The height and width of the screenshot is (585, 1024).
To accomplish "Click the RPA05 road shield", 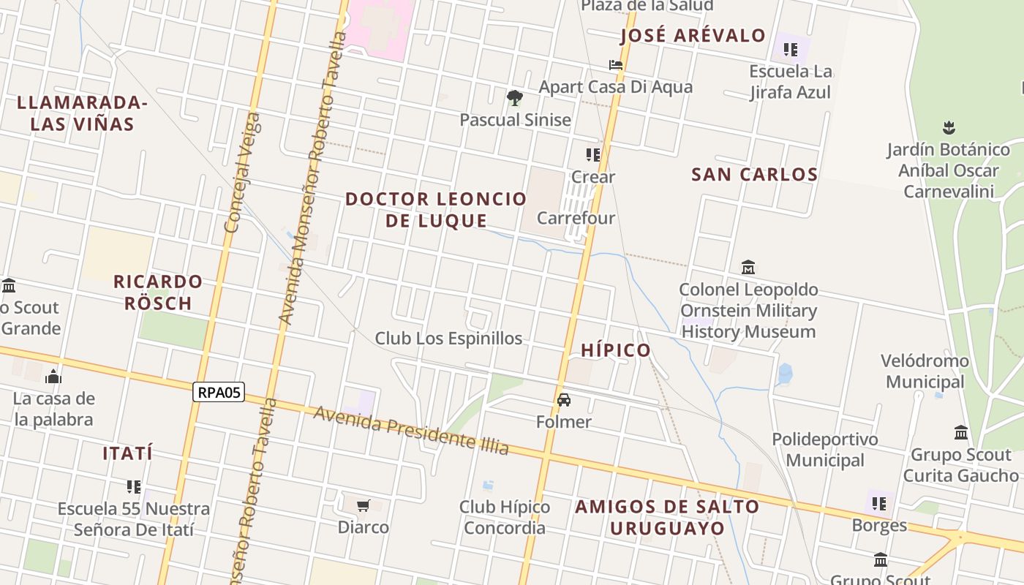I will pyautogui.click(x=219, y=393).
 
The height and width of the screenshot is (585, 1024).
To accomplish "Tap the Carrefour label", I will pyautogui.click(x=576, y=218).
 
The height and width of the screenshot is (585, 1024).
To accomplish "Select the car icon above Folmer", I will pyautogui.click(x=564, y=400).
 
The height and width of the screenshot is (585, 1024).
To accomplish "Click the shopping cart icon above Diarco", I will pyautogui.click(x=364, y=505).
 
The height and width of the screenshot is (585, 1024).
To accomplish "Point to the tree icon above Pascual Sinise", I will pyautogui.click(x=515, y=97).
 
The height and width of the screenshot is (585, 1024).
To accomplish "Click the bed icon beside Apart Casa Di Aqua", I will pyautogui.click(x=616, y=64).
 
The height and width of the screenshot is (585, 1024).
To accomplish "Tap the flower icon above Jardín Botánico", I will pyautogui.click(x=949, y=128).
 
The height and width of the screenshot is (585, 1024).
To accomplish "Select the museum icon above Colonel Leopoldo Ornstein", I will pyautogui.click(x=748, y=268).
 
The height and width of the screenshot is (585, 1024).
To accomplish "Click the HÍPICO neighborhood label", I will pyautogui.click(x=616, y=350).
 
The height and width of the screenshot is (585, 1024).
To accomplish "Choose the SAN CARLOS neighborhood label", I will pyautogui.click(x=754, y=175).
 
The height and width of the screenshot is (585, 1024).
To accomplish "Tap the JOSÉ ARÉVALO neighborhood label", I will pyautogui.click(x=693, y=35).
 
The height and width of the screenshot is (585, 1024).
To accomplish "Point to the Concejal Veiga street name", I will pyautogui.click(x=243, y=173).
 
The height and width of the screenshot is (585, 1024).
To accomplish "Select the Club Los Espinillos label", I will pyautogui.click(x=448, y=339).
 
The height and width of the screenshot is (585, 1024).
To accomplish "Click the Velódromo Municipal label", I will pyautogui.click(x=925, y=371).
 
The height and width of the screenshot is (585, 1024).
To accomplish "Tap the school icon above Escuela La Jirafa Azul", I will pyautogui.click(x=790, y=50).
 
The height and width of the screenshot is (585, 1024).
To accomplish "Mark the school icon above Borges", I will pyautogui.click(x=879, y=504).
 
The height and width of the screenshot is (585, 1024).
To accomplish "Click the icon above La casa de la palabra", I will pyautogui.click(x=53, y=377).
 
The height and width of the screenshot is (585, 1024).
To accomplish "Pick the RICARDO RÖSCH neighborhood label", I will pyautogui.click(x=158, y=292).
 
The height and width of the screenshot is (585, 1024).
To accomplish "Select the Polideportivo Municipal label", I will pyautogui.click(x=825, y=450).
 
